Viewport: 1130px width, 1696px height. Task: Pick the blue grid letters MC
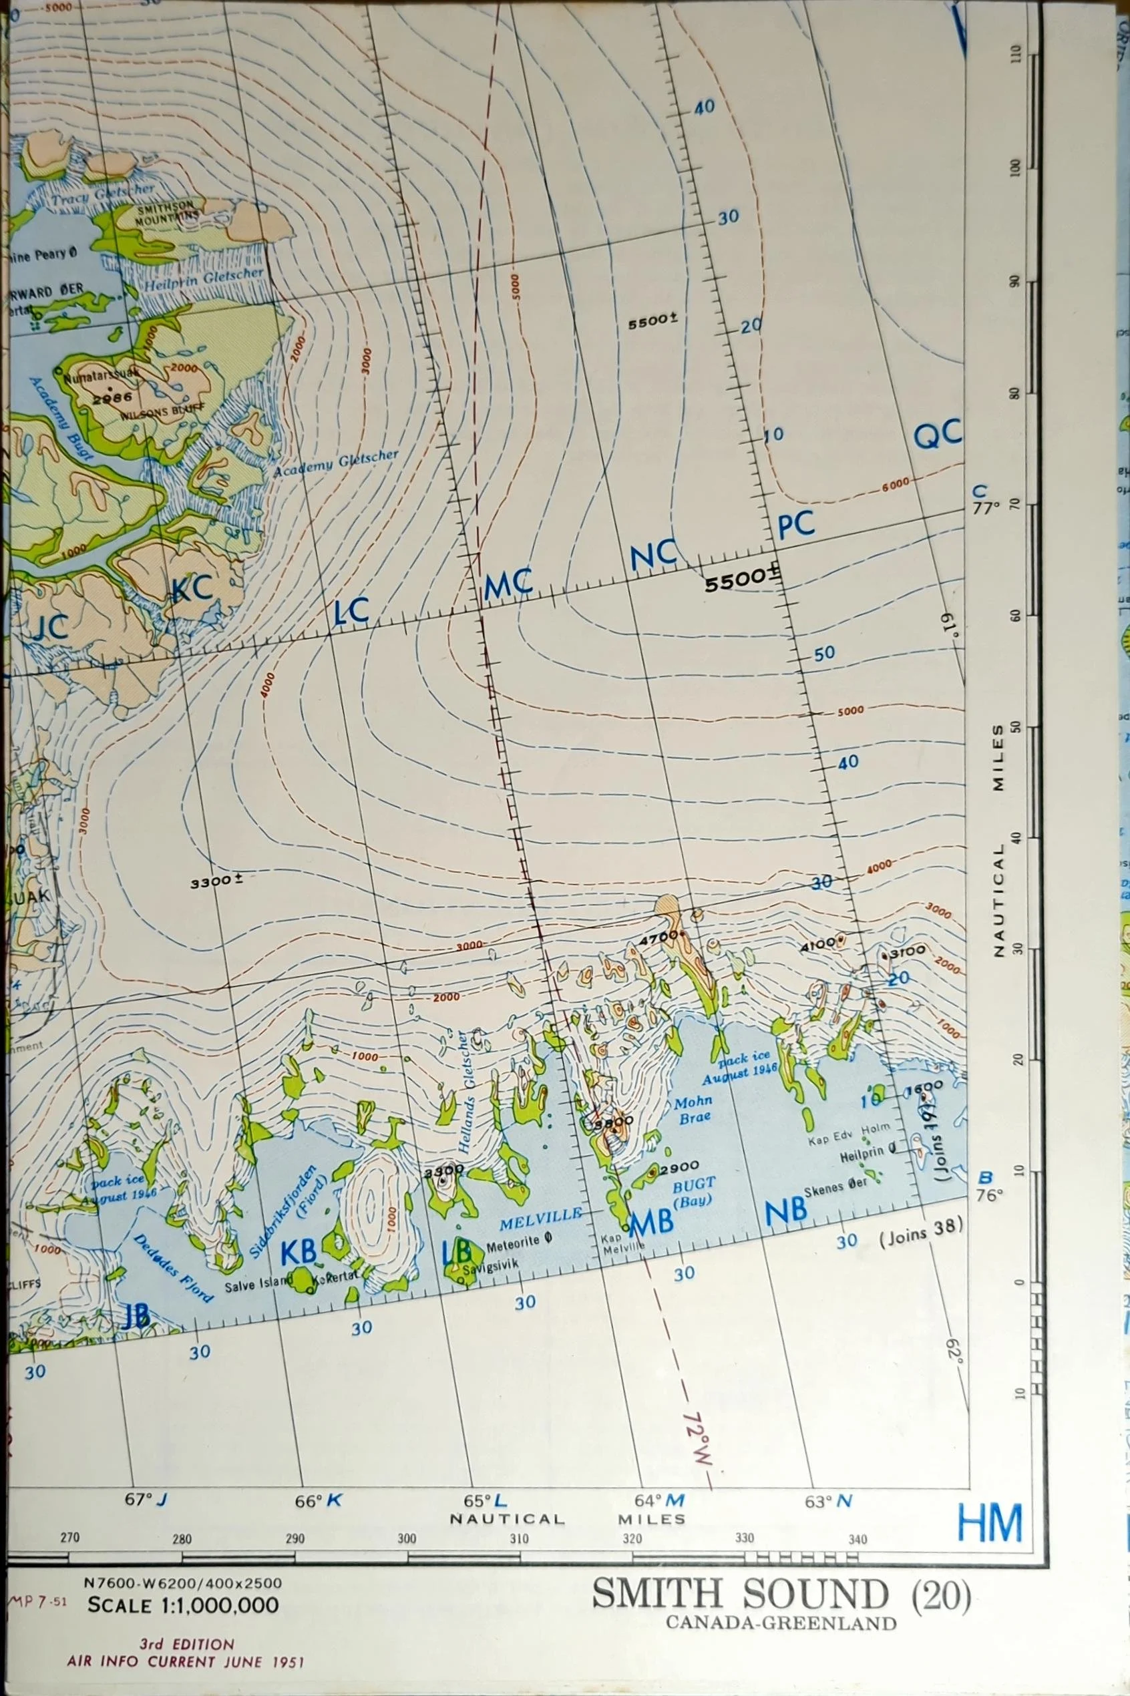click(x=509, y=584)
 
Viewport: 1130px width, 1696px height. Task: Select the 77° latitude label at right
click(x=986, y=507)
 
